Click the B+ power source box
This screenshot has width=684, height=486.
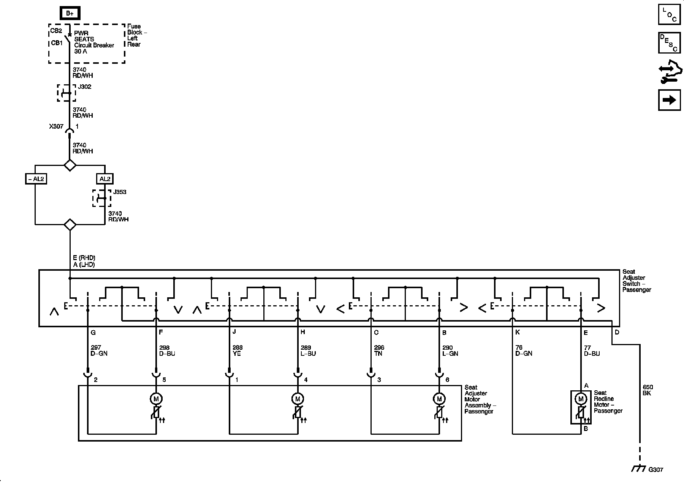70,13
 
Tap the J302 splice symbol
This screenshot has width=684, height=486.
66,93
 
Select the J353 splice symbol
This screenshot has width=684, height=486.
102,198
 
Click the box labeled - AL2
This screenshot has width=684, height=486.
35,179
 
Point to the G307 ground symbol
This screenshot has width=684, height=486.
639,469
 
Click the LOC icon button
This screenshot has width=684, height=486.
669,14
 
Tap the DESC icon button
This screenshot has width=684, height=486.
669,43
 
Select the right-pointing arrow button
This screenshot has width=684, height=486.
669,100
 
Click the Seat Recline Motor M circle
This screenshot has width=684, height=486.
580,399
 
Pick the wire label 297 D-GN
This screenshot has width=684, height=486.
99,350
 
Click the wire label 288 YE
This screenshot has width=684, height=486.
237,350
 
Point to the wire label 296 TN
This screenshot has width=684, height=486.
379,350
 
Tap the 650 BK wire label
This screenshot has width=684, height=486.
647,390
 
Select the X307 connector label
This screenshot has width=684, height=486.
56,126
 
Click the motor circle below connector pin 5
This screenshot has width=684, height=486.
156,399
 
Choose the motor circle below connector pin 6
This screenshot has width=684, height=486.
439,399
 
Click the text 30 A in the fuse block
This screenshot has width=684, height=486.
81,51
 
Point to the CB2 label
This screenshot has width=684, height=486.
56,31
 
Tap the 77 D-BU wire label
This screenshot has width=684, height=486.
592,350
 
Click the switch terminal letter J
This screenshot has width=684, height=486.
234,332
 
